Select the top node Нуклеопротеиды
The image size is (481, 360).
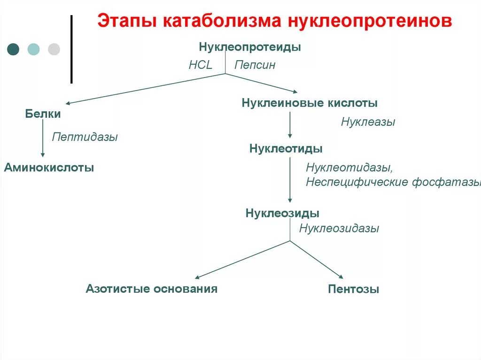click(250, 47)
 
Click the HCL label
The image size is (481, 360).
click(201, 65)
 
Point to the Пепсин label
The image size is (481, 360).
click(255, 65)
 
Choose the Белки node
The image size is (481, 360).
click(43, 114)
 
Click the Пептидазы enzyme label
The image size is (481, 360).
click(85, 137)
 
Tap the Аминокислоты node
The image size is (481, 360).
click(49, 167)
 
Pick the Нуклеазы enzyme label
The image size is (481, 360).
click(368, 122)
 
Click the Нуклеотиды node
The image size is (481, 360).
click(286, 149)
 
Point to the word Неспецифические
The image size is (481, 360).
click(357, 182)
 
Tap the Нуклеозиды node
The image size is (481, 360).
click(283, 213)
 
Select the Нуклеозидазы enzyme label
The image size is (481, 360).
click(339, 229)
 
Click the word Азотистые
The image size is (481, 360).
click(117, 288)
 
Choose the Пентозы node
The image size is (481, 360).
click(354, 289)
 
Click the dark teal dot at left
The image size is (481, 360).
click(13, 49)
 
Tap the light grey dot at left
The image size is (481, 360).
click(54, 49)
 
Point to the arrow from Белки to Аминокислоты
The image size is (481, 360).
click(43, 138)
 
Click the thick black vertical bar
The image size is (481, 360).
click(71, 49)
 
